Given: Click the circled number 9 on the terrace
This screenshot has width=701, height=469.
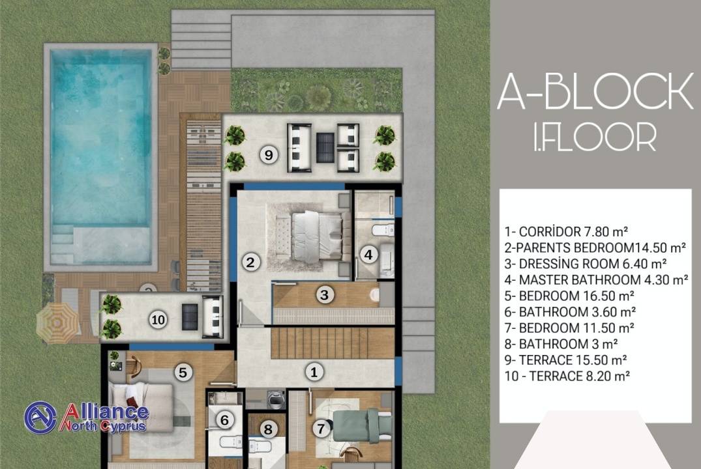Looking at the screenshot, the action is pos(269,155).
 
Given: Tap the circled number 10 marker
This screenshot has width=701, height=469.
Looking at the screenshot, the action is pos(158,319).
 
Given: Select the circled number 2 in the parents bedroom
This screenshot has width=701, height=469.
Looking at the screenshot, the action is pos(250,263).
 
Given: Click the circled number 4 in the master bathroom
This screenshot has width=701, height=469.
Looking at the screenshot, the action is pos(368,255).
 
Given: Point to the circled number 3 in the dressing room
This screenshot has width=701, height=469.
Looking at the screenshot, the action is pos(325,295).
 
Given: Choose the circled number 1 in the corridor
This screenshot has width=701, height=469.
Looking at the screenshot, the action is pos(314,372).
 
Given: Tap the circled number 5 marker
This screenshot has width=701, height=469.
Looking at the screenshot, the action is pos(183,372).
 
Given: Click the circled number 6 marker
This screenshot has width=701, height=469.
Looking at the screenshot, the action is pos(224,420).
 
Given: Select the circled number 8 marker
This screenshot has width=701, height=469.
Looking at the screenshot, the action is pos(268,429).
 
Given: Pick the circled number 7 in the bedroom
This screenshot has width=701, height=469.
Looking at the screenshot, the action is pos(321,429).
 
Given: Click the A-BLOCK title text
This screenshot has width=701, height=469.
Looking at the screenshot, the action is pos(595,92).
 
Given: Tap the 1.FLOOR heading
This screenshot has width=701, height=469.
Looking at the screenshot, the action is pos(595,136).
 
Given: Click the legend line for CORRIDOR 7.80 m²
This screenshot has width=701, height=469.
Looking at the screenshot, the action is pos(567,231).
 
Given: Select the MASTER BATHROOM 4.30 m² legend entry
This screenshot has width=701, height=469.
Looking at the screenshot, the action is pos(597,280).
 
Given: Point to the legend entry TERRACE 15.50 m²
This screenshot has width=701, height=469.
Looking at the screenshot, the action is pos(565,360).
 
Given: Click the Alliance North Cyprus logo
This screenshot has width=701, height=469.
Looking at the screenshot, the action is pos(86,418).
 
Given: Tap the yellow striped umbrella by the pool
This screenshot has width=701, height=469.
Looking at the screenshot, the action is pos(57,323).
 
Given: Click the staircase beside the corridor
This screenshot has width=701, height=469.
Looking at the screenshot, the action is pos(333,343).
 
